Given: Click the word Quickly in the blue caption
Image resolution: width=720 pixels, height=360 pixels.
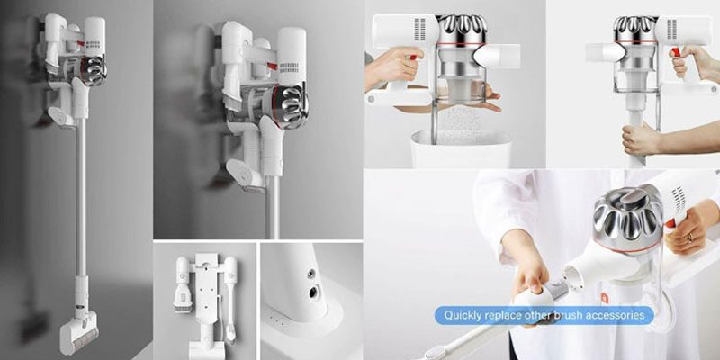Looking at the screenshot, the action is [463, 316].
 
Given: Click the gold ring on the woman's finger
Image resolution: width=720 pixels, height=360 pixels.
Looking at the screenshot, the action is [688, 237].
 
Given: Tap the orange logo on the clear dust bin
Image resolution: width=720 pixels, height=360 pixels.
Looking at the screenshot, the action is [604, 298].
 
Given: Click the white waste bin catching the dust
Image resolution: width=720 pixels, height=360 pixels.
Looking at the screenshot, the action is [461, 148].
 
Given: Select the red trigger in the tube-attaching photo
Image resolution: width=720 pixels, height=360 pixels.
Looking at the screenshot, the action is [676, 52].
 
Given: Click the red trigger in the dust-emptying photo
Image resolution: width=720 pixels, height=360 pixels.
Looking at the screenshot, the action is [413, 58].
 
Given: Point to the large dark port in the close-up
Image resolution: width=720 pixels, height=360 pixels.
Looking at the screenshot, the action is [313, 292].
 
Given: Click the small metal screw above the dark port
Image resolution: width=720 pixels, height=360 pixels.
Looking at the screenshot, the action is [310, 274].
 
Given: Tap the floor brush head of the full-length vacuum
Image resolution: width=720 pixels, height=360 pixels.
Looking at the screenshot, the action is [78, 331].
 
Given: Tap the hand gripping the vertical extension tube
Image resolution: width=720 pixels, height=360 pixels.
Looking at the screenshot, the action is [640, 140].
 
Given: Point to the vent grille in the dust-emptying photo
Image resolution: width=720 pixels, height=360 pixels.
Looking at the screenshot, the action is [419, 30].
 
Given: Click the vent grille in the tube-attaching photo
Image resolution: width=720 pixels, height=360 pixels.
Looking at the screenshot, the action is [671, 29].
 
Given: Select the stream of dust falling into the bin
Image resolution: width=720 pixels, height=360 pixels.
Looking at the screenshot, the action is [460, 124].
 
